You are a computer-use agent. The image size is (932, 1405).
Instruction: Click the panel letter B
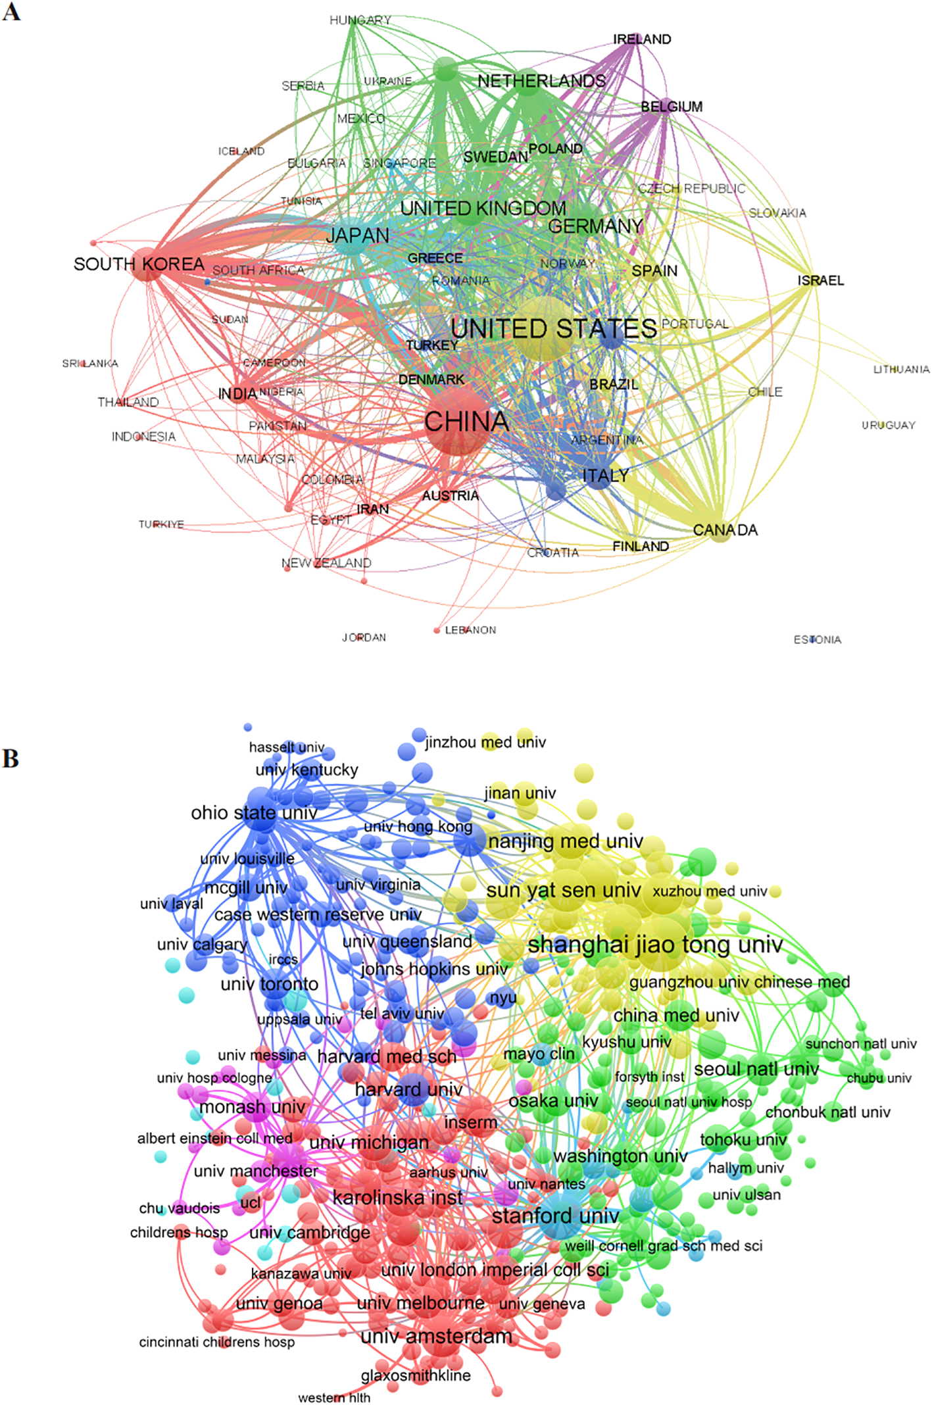point(11,758)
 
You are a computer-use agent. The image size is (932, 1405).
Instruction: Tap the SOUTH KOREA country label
point(139,264)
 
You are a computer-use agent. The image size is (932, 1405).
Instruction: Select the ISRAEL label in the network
point(820,281)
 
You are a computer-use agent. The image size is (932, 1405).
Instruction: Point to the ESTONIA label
point(817,639)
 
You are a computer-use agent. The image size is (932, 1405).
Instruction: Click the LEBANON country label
point(470,630)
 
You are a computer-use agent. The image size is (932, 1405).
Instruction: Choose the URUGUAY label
point(888,426)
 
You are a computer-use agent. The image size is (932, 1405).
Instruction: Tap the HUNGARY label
point(360,20)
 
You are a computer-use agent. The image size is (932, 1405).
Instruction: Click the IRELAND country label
point(642,39)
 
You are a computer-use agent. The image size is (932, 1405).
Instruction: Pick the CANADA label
point(725,530)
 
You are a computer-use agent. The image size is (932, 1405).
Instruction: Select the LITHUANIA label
point(901,370)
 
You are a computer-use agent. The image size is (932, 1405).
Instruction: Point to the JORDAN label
point(364,637)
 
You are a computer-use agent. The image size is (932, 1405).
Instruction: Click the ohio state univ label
point(254,813)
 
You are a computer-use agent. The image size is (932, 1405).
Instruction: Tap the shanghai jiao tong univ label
point(655,945)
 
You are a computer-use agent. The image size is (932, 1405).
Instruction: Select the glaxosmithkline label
point(416,1375)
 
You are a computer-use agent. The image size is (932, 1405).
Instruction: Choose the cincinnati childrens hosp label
point(216,1341)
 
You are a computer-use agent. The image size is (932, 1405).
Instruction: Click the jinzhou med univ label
point(485,743)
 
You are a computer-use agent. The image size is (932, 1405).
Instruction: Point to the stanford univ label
point(555,1216)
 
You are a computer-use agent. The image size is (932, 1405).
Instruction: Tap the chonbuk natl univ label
point(827,1112)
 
